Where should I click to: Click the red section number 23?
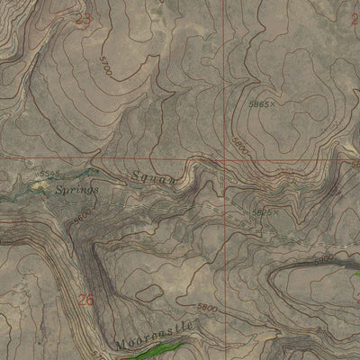point(84,18)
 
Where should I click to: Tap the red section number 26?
point(86,301)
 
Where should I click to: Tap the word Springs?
point(76,190)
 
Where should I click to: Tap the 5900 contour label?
point(325,257)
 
